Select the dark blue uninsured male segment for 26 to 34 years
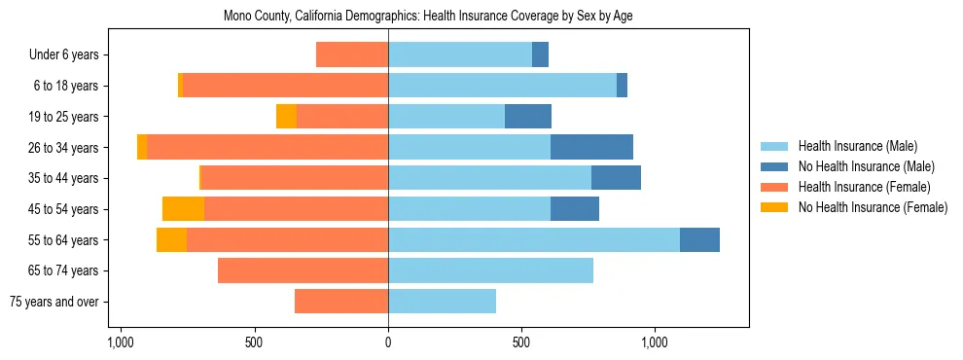coord(591,147)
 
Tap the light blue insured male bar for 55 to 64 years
coord(533,239)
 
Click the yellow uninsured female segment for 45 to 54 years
coord(183,208)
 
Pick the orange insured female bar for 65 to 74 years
coord(303,270)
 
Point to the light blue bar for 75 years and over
coord(442,302)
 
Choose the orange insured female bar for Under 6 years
coord(352,54)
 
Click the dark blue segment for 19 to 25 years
coord(528,117)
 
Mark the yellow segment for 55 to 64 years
coord(171,239)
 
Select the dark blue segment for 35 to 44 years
coord(616,178)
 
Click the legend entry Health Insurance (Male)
coord(857,146)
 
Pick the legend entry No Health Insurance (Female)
coord(872,207)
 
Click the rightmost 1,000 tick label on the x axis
coord(655,342)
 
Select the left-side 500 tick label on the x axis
coord(254,342)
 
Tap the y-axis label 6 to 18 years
coord(66,86)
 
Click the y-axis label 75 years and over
coord(54,302)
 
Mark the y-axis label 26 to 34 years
coord(64,148)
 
